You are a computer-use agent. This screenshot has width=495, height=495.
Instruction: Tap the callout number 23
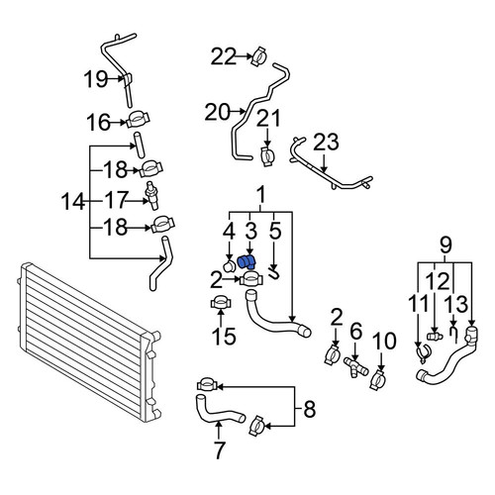[x=326, y=143]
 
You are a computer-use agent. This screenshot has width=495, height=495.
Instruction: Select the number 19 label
[x=96, y=79]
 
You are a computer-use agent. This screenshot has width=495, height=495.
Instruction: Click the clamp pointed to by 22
[x=259, y=56]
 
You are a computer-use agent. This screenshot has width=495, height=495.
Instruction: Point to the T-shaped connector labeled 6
[x=355, y=367]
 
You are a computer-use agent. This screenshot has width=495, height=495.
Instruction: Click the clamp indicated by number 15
[x=221, y=303]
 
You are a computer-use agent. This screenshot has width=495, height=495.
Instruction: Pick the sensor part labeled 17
[x=151, y=195]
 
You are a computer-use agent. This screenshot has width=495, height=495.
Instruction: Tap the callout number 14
[x=73, y=202]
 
